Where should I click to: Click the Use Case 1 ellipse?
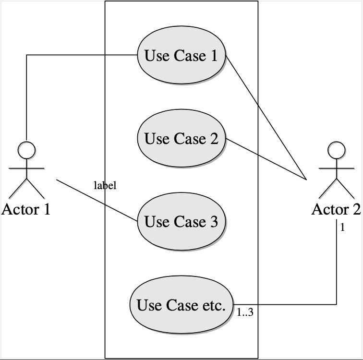click(181, 56)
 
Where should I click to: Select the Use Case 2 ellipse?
click(181, 139)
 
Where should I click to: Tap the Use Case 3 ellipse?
click(181, 222)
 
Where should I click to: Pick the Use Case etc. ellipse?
click(181, 305)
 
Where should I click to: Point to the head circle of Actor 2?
click(336, 150)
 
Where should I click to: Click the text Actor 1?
click(26, 209)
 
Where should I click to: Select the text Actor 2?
click(336, 209)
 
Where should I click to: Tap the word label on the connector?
click(105, 185)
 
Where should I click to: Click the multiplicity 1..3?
click(245, 313)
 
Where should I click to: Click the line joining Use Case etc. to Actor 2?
click(288, 304)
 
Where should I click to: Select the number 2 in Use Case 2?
click(214, 139)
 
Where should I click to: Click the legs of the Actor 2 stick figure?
click(336, 189)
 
